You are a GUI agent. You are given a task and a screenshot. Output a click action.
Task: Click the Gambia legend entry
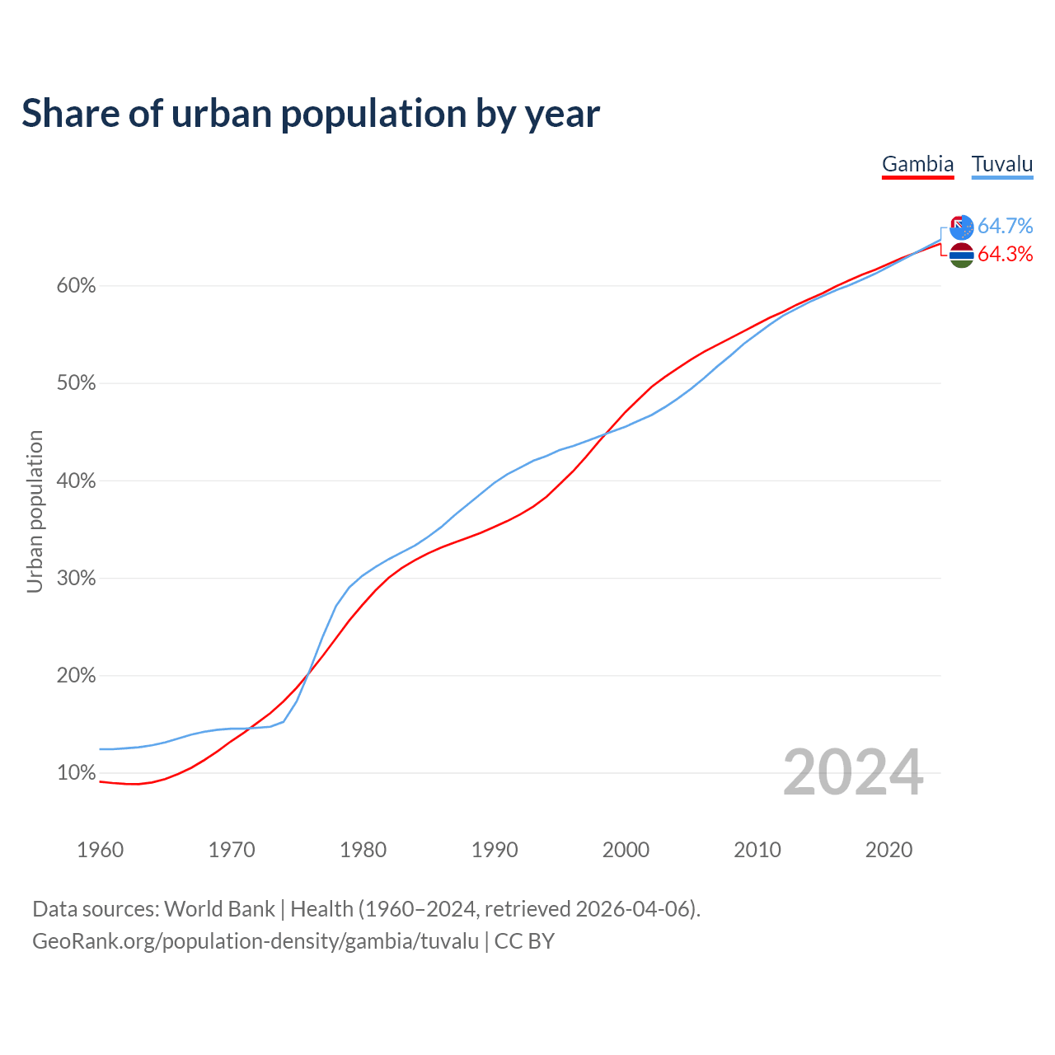(x=917, y=164)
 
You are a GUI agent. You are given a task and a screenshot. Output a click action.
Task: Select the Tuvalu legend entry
(x=1002, y=164)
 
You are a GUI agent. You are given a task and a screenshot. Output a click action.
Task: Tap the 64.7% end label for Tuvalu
(x=1005, y=226)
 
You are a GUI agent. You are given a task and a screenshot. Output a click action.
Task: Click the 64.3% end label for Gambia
(x=1005, y=254)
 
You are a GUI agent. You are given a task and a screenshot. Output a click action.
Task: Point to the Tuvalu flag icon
(x=962, y=227)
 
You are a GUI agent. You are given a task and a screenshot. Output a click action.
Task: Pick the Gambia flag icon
(x=962, y=255)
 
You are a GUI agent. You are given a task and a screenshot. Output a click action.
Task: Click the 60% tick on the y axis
(x=76, y=286)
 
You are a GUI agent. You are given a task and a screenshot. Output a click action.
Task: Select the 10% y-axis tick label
(x=76, y=773)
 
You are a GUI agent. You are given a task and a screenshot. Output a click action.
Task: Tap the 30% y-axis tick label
(x=76, y=579)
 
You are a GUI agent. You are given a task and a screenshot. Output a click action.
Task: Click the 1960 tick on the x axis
(x=100, y=850)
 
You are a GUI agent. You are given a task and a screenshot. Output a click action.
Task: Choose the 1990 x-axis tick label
(x=495, y=850)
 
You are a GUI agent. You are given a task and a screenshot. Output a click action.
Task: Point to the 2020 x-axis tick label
(x=889, y=850)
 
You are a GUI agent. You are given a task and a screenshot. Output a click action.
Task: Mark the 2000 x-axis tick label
(x=626, y=850)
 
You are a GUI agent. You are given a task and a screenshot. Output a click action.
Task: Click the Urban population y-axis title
(x=35, y=511)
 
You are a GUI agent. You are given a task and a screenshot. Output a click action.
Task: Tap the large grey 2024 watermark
(x=853, y=772)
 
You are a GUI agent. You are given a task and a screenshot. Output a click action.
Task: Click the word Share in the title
(x=69, y=113)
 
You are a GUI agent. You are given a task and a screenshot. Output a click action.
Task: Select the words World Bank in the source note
(x=219, y=909)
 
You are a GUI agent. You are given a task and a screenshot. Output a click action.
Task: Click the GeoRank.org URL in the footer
(x=256, y=941)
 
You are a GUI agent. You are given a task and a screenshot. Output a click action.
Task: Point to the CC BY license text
(x=524, y=941)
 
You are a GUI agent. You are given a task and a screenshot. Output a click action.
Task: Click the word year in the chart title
(x=564, y=115)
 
